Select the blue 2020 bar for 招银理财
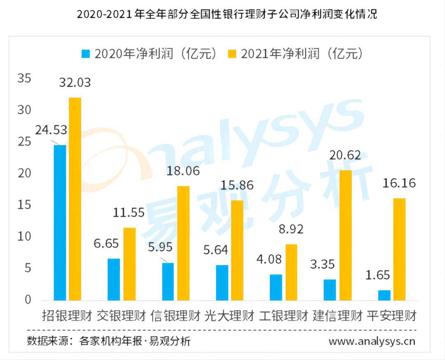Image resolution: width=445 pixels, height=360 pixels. (x=60, y=223)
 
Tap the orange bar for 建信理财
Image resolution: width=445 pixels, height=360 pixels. (x=345, y=235)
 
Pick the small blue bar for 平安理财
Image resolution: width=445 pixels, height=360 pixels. (x=384, y=295)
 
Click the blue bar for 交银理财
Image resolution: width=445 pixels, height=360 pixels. (x=114, y=279)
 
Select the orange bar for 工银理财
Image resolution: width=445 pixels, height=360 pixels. (x=291, y=272)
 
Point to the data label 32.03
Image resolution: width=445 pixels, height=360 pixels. (x=75, y=82)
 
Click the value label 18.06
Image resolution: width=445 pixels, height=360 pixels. (x=183, y=171)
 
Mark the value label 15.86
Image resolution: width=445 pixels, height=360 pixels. (x=237, y=185)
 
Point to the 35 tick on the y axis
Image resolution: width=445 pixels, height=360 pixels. (x=25, y=78)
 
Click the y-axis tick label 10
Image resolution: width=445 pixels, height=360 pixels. (x=25, y=237)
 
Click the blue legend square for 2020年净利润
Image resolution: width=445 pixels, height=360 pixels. (x=86, y=54)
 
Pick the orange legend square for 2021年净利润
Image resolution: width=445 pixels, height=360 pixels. (x=232, y=54)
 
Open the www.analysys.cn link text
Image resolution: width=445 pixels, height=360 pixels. (x=372, y=341)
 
